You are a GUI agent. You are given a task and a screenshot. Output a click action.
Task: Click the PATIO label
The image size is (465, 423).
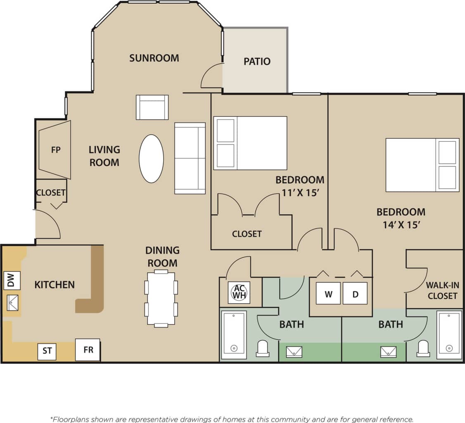[257, 62]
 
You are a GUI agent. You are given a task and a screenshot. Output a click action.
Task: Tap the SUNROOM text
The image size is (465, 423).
[154, 58]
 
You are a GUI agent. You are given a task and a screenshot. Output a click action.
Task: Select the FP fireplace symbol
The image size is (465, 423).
[55, 150]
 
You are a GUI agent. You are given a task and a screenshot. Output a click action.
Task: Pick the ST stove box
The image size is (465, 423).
[47, 351]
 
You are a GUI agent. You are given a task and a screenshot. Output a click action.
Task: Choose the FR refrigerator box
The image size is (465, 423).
[88, 350]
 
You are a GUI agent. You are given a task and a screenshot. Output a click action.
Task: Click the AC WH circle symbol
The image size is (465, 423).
[239, 292]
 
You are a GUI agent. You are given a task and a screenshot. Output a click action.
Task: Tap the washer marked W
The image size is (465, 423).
[328, 294]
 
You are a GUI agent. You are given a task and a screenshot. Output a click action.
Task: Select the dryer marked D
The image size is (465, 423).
[355, 294]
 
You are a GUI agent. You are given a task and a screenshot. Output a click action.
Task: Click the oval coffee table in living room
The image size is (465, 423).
[151, 159]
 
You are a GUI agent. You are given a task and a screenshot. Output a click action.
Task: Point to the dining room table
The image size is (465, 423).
[161, 298]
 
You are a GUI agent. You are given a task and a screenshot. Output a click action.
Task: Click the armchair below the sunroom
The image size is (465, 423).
[152, 107]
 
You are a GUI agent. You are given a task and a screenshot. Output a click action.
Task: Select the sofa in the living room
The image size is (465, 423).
[190, 158]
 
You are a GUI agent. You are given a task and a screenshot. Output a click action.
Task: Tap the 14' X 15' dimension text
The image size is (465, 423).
[401, 225]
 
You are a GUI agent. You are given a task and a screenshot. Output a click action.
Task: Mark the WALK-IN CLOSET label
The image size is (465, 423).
[442, 290]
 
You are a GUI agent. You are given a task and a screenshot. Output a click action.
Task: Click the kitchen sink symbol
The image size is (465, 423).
[12, 303]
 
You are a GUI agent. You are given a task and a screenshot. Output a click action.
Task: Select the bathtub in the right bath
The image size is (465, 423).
[449, 333]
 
